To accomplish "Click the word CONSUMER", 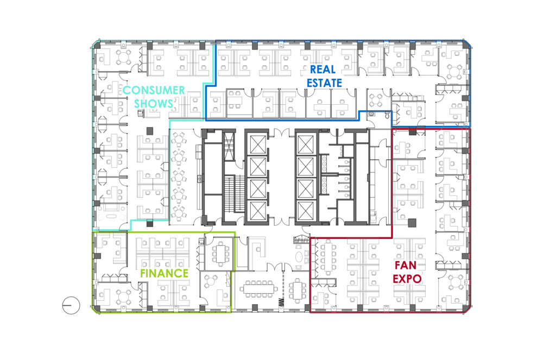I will coord(154,91).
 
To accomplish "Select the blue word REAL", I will coord(323,70).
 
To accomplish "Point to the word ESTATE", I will coord(324,83).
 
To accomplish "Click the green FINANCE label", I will coord(165,273).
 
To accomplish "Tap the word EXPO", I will coord(408,279).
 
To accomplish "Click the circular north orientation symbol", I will coord(71,306).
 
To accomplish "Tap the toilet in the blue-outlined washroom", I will coord(387,115).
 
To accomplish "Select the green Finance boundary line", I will coord(163,232).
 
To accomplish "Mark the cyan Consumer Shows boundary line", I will coord(91,136).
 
